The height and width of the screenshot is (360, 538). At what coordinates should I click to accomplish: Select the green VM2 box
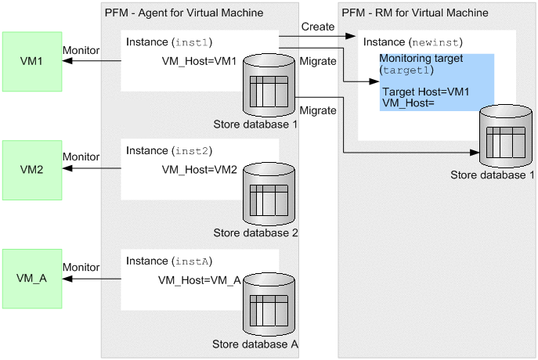(x=32, y=168)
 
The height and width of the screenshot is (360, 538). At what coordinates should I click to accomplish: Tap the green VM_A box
(x=32, y=277)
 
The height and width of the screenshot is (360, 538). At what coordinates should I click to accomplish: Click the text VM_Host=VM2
(x=199, y=170)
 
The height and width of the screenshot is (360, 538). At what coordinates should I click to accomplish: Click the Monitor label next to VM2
(x=81, y=157)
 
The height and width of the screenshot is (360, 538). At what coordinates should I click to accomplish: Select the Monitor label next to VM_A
(x=81, y=267)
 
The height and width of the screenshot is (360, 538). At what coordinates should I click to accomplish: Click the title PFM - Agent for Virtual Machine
(x=183, y=13)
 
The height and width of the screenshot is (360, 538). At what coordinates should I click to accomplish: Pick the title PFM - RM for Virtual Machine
(x=415, y=13)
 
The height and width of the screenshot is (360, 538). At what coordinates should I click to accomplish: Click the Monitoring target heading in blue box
(x=422, y=59)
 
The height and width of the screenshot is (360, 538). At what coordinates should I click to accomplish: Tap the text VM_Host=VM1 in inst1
(x=199, y=61)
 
